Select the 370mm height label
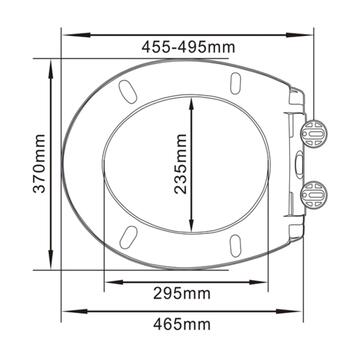tap(37, 164)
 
